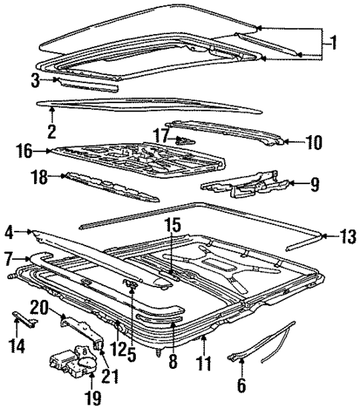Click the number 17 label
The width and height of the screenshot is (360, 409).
(162, 135)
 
